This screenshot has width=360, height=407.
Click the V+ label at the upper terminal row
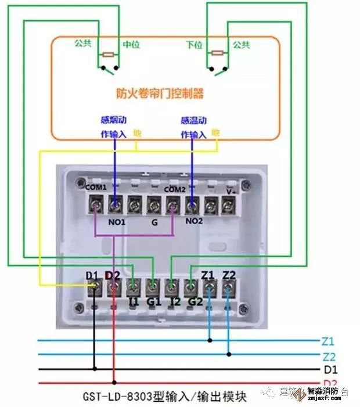coord(230,189)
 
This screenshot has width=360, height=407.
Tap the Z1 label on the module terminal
coord(208,274)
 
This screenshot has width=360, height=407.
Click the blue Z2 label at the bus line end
coord(327,355)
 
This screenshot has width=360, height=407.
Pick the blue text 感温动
coord(192,121)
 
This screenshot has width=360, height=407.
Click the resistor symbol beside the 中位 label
coord(109,55)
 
